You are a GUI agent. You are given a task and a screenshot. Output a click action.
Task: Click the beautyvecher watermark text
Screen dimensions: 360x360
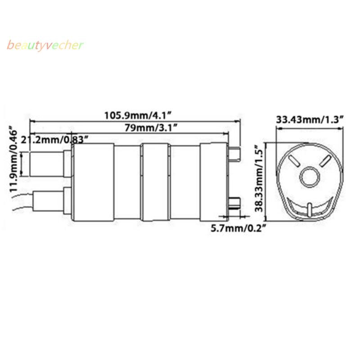point(45,46)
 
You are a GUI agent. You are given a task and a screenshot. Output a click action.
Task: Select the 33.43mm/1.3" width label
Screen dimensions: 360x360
point(310,120)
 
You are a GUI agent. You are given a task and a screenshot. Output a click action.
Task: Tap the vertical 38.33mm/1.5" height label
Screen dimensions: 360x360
point(258,180)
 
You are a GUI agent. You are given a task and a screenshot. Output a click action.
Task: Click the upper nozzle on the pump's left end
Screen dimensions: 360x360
point(47,164)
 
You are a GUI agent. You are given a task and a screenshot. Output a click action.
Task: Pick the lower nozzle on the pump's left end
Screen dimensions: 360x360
point(49,201)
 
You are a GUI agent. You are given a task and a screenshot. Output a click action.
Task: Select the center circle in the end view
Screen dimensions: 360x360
point(310,177)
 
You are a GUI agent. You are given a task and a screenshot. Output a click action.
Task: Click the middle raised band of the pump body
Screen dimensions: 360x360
point(156,182)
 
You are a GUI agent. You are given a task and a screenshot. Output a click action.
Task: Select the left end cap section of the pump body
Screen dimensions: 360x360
point(93,182)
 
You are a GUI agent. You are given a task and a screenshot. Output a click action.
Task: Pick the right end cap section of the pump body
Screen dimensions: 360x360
point(214,182)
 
